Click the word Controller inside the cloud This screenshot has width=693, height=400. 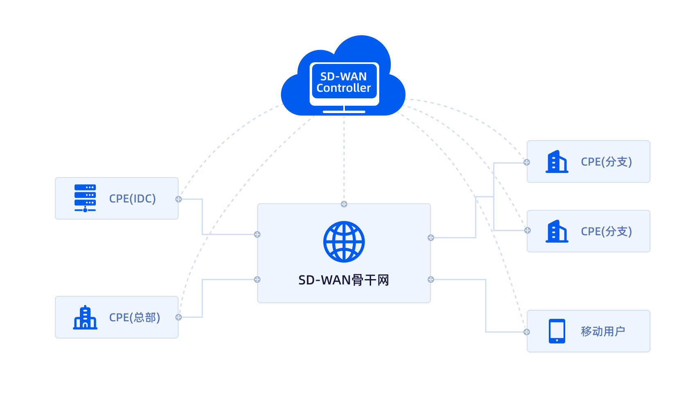pos(343,88)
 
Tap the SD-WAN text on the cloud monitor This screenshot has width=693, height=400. pos(343,76)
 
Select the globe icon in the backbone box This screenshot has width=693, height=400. pos(344,242)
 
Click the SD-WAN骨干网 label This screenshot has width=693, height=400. pos(344,280)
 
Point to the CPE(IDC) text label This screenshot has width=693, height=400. pos(132,199)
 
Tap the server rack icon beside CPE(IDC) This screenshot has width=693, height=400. pos(85,198)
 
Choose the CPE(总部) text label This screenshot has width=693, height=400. pos(135,318)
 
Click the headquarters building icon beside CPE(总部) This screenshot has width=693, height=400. pos(85,317)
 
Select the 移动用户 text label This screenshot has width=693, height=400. pos(603,332)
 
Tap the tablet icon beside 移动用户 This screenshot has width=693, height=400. pos(557,331)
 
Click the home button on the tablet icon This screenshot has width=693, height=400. pos(557,340)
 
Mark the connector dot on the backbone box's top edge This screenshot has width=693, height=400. pos(344,204)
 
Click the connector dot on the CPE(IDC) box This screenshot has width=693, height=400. pos(179,199)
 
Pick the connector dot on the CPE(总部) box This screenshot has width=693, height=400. pos(179,317)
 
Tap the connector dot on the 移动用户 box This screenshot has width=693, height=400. pos(527,332)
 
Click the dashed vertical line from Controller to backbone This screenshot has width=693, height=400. pos(344,159)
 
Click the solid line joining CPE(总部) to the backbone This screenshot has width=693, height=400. pos(202,298)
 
